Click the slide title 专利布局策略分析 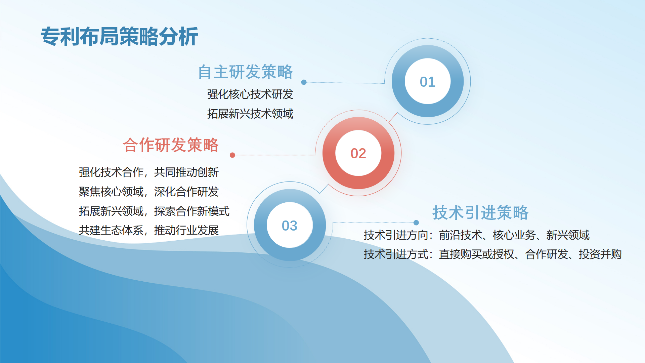coord(119,36)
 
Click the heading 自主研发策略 coord(246,72)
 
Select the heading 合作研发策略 coord(171,145)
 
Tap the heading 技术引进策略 coord(480,213)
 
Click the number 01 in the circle coord(428,82)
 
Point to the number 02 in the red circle coord(358,154)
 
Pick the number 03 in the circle coord(290,226)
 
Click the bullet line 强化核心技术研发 coord(250,94)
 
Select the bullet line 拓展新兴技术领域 coord(250,114)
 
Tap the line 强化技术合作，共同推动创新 coord(149,172)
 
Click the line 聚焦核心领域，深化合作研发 coord(149,192)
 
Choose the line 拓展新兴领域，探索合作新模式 coord(154,211)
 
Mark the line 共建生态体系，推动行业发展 coord(149,231)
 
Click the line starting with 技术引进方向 coord(477,235)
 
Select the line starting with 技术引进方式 coord(493,254)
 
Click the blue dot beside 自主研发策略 coord(304,82)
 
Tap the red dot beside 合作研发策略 coord(232,155)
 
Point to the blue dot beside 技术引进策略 coord(416,223)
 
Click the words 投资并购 coord(600,254)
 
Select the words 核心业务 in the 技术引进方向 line coord(514,235)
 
